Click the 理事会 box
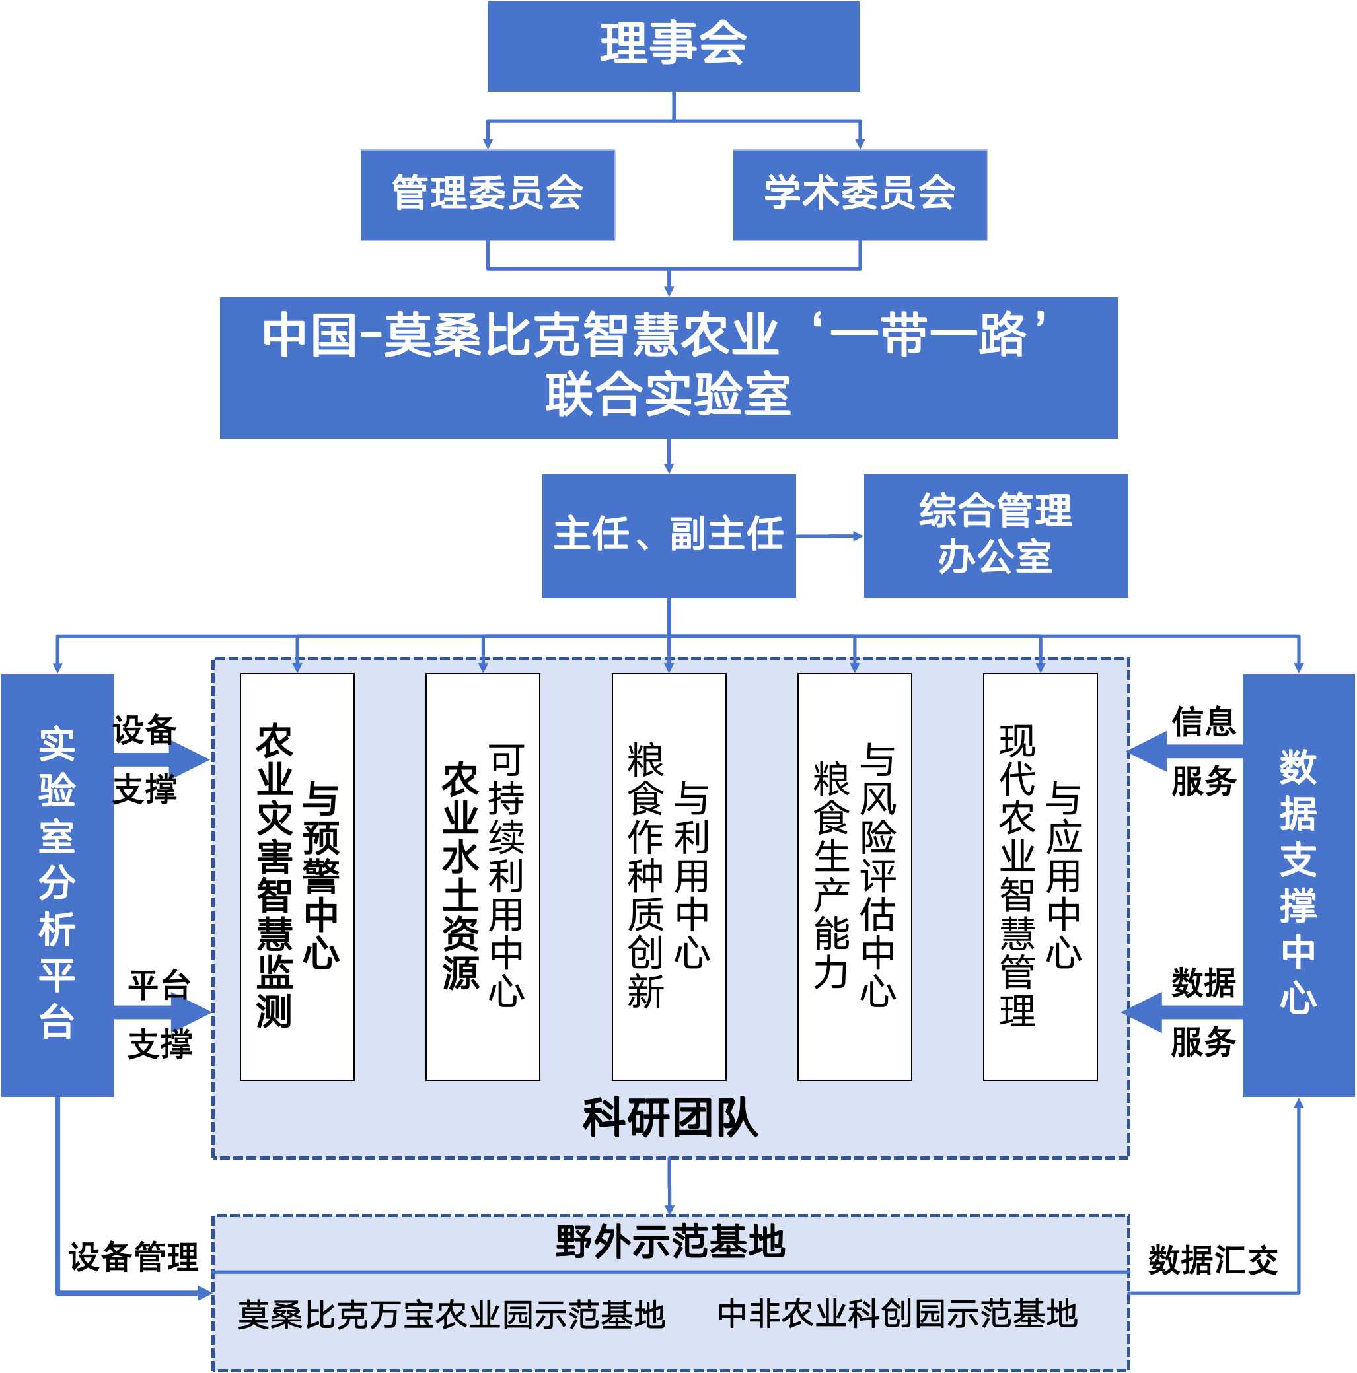(673, 46)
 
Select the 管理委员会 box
(487, 194)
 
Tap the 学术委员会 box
(859, 194)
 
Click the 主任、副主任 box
(668, 535)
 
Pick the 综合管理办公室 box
(995, 535)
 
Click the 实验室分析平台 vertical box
(57, 884)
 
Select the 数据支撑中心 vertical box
(1298, 884)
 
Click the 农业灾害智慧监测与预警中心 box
(297, 876)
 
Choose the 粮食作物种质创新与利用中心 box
(668, 876)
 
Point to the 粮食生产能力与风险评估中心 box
(854, 876)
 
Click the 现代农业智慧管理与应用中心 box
(1039, 876)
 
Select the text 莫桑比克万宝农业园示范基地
(451, 1314)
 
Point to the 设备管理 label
(133, 1257)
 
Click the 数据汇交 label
(1212, 1260)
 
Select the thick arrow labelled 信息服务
(1166, 751)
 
